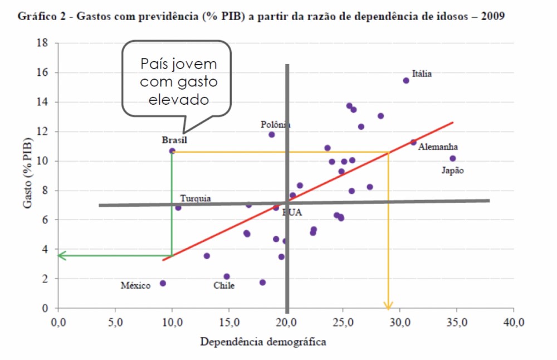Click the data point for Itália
point(406,80)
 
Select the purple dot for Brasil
point(172,151)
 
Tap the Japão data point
point(453,158)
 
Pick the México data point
point(163,283)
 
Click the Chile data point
point(227,276)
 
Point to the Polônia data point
point(272,134)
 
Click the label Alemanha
point(438,147)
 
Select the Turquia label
point(196,198)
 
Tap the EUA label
point(292,212)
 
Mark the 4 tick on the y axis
point(44,249)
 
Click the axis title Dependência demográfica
point(263,342)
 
